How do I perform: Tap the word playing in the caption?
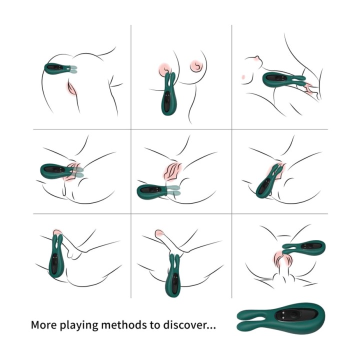78,326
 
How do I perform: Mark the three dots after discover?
210,328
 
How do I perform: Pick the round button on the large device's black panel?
293,316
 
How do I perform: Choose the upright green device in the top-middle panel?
169,94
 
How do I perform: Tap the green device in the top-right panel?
283,79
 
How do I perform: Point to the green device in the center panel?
157,191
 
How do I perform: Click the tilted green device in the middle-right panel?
269,181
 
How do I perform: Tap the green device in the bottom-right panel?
303,246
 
